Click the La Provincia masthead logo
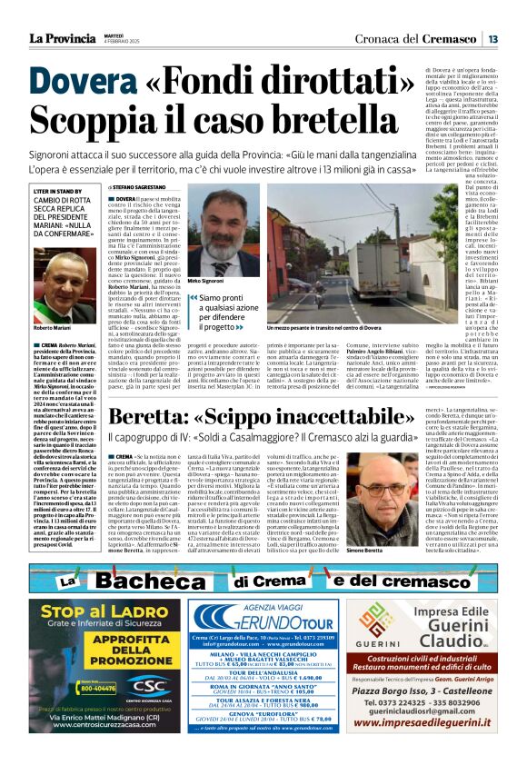[60, 37]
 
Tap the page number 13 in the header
[492, 38]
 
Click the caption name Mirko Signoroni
[207, 282]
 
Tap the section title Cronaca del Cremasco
[415, 38]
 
